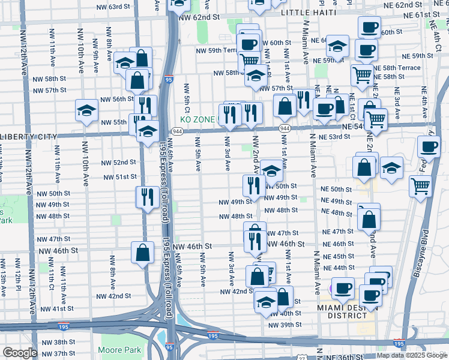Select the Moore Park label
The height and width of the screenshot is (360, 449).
pyautogui.click(x=120, y=350)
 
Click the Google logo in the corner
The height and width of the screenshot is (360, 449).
pyautogui.click(x=20, y=353)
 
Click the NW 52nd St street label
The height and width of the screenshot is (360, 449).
pyautogui.click(x=120, y=163)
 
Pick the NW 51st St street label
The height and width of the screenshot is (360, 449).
pyautogui.click(x=120, y=177)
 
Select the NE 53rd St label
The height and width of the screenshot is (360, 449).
pyautogui.click(x=336, y=137)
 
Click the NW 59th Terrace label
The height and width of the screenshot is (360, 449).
pyautogui.click(x=218, y=51)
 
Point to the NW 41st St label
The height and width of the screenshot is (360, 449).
pyautogui.click(x=58, y=308)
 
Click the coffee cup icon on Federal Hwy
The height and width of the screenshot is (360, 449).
pyautogui.click(x=429, y=148)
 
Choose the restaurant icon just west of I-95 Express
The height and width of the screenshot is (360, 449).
pyautogui.click(x=146, y=197)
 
